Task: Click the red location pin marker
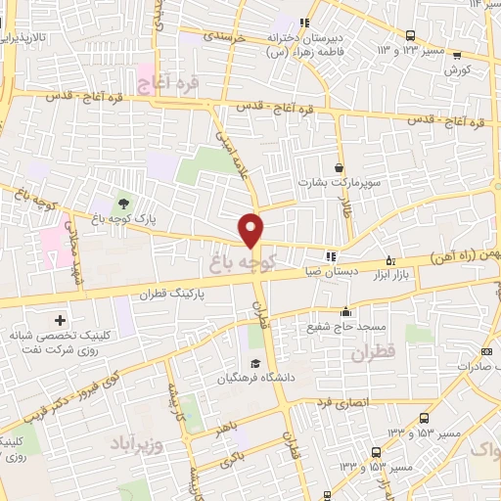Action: tap(251, 229)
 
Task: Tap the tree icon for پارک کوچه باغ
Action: tap(124, 203)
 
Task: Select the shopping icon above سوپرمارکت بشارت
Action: tap(340, 167)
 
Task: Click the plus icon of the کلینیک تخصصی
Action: tap(61, 320)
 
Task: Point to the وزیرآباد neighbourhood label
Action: tap(137, 433)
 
